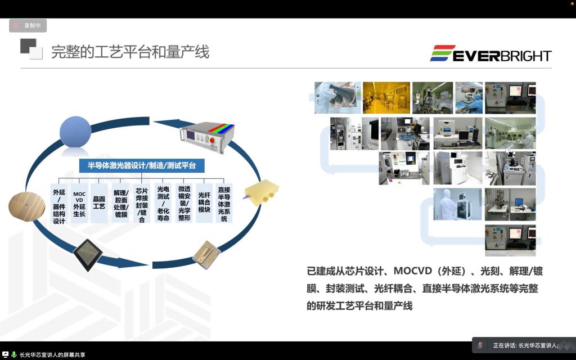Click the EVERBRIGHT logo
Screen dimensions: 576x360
(x=490, y=53)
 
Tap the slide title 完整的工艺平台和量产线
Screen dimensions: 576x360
(x=130, y=52)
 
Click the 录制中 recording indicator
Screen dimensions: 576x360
(x=28, y=26)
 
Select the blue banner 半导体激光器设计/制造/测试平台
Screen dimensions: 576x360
(x=142, y=165)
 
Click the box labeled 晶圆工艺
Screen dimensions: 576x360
(x=99, y=203)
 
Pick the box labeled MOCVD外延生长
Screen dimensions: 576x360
(x=79, y=203)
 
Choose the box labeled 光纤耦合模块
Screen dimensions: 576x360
(x=204, y=202)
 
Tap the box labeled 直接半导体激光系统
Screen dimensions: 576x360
(x=224, y=203)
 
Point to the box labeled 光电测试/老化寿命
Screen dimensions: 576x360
(x=163, y=203)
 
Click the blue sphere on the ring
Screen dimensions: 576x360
(x=75, y=132)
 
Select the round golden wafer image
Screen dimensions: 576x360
(x=26, y=206)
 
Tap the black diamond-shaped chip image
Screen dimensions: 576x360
(x=87, y=255)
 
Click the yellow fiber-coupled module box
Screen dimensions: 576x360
(x=262, y=192)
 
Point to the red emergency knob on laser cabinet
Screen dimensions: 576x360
(x=212, y=139)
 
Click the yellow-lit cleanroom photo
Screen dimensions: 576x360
(x=386, y=98)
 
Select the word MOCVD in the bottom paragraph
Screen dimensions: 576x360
(x=412, y=271)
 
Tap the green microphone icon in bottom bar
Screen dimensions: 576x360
(x=14, y=354)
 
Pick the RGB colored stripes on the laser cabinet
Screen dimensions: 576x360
(x=221, y=129)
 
